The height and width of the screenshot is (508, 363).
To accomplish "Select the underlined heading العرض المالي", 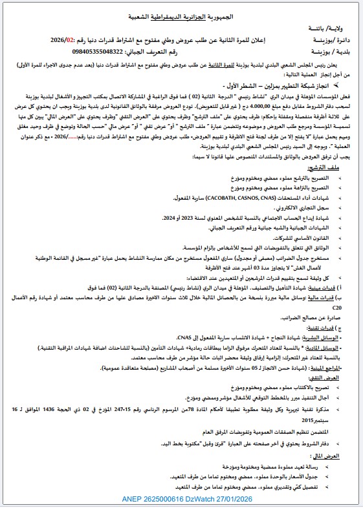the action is pos(340,455).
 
